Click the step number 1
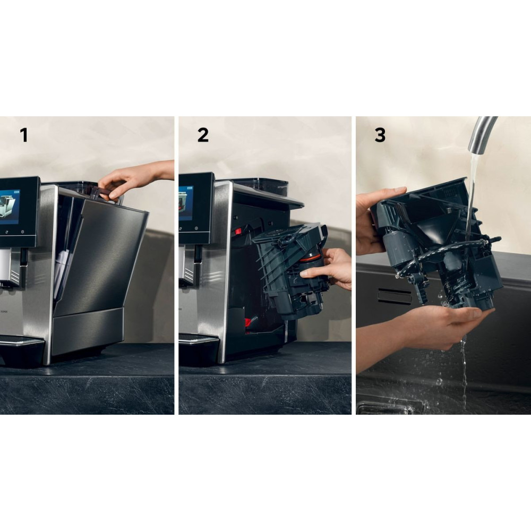coord(24,135)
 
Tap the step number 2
coord(203,135)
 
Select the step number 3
coord(380,135)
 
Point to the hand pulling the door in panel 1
coord(135,179)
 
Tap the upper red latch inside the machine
coord(238,232)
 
